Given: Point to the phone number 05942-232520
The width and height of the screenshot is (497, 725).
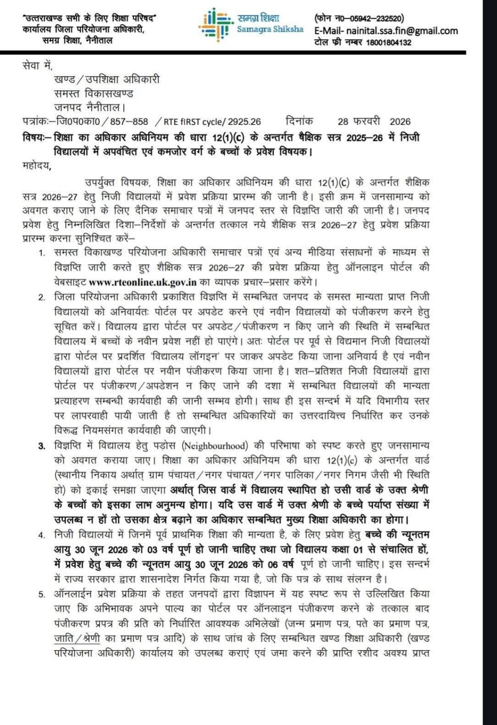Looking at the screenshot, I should (x=376, y=19).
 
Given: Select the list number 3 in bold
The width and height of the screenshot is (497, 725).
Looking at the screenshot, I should (x=42, y=446).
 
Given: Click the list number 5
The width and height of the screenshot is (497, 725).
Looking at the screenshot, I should (x=42, y=594).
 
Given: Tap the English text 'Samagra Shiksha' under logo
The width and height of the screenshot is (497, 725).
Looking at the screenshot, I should (x=270, y=30).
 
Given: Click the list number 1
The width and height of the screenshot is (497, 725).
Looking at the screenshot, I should (x=42, y=253).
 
